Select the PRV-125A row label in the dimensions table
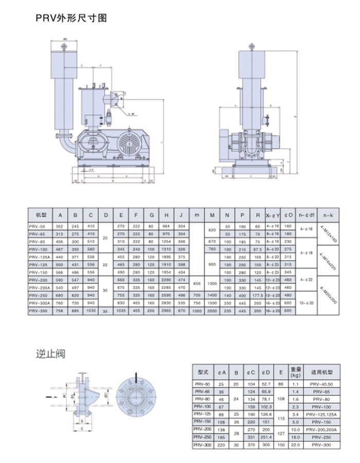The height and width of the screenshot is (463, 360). [x=41, y=256]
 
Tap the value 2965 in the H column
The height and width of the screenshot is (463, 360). [x=166, y=311]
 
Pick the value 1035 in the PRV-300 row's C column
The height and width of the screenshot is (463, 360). [x=91, y=311]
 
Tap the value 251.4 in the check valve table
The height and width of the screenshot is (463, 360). [x=266, y=437]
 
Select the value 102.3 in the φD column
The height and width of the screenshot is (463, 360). [x=266, y=407]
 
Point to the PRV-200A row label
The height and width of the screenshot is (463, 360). [x=41, y=288]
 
